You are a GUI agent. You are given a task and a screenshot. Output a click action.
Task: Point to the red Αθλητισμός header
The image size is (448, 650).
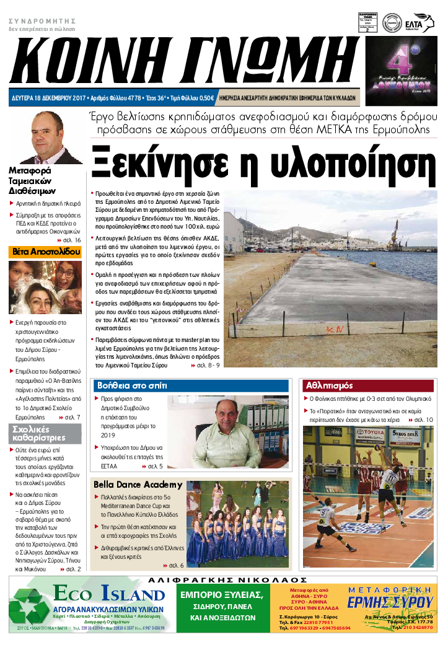(330, 385)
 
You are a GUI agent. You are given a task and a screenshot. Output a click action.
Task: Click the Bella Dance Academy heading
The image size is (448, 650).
(138, 484)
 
